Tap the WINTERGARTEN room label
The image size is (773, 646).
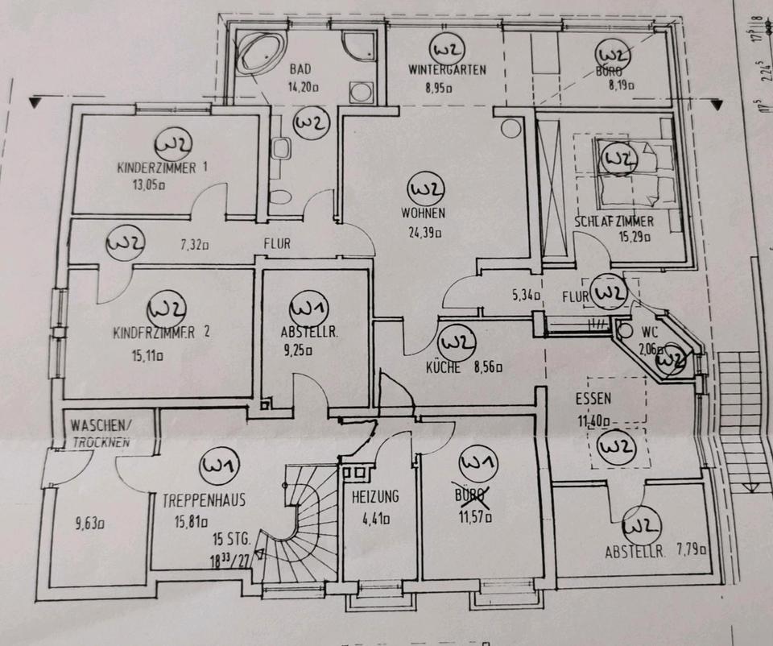click(x=446, y=69)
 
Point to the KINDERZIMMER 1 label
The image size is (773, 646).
click(x=163, y=168)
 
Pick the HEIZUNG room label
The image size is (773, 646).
click(x=375, y=497)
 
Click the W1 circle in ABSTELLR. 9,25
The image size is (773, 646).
click(x=308, y=309)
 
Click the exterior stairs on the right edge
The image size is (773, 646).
click(x=742, y=419)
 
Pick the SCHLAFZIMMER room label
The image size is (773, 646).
click(x=614, y=222)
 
